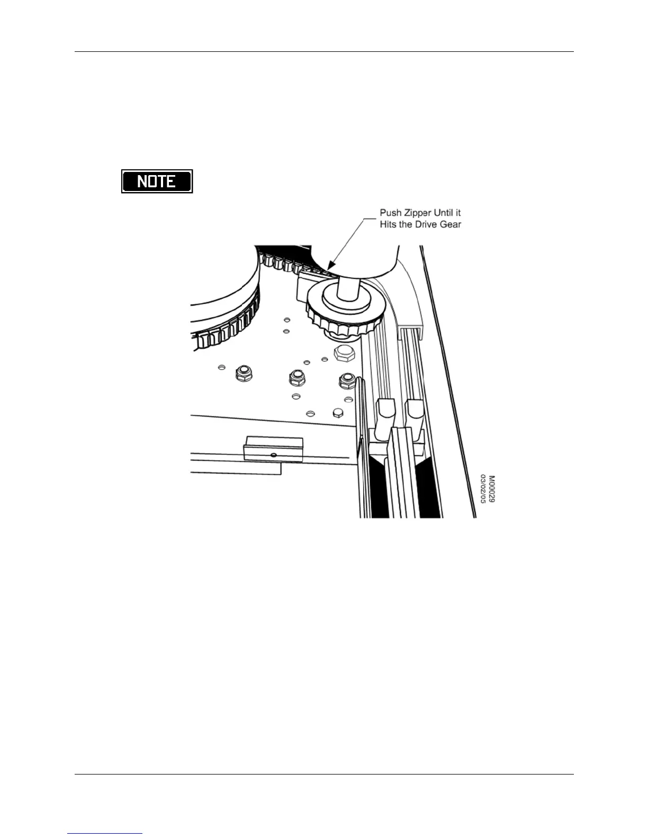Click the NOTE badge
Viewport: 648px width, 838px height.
pos(157,181)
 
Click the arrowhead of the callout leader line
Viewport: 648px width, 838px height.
pos(331,266)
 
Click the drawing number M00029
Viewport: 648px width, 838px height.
pos(491,489)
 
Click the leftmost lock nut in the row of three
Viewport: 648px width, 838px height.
pos(244,374)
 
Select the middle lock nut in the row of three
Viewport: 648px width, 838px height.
pos(297,378)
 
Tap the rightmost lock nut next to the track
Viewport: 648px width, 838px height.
pos(347,381)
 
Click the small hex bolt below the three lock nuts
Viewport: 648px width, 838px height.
pos(338,413)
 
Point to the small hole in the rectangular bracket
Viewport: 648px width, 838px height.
pos(274,455)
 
